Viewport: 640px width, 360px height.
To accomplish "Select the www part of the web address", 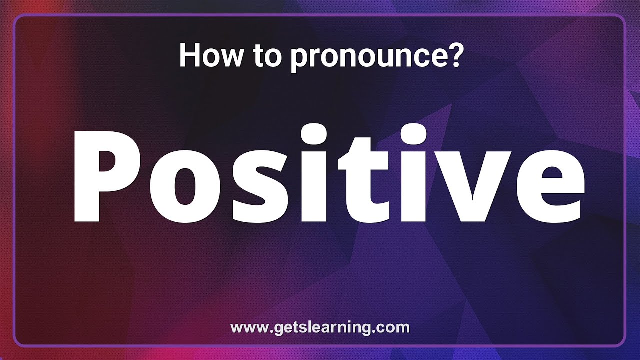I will (246, 328).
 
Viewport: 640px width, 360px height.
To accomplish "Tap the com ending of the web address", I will (395, 328).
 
